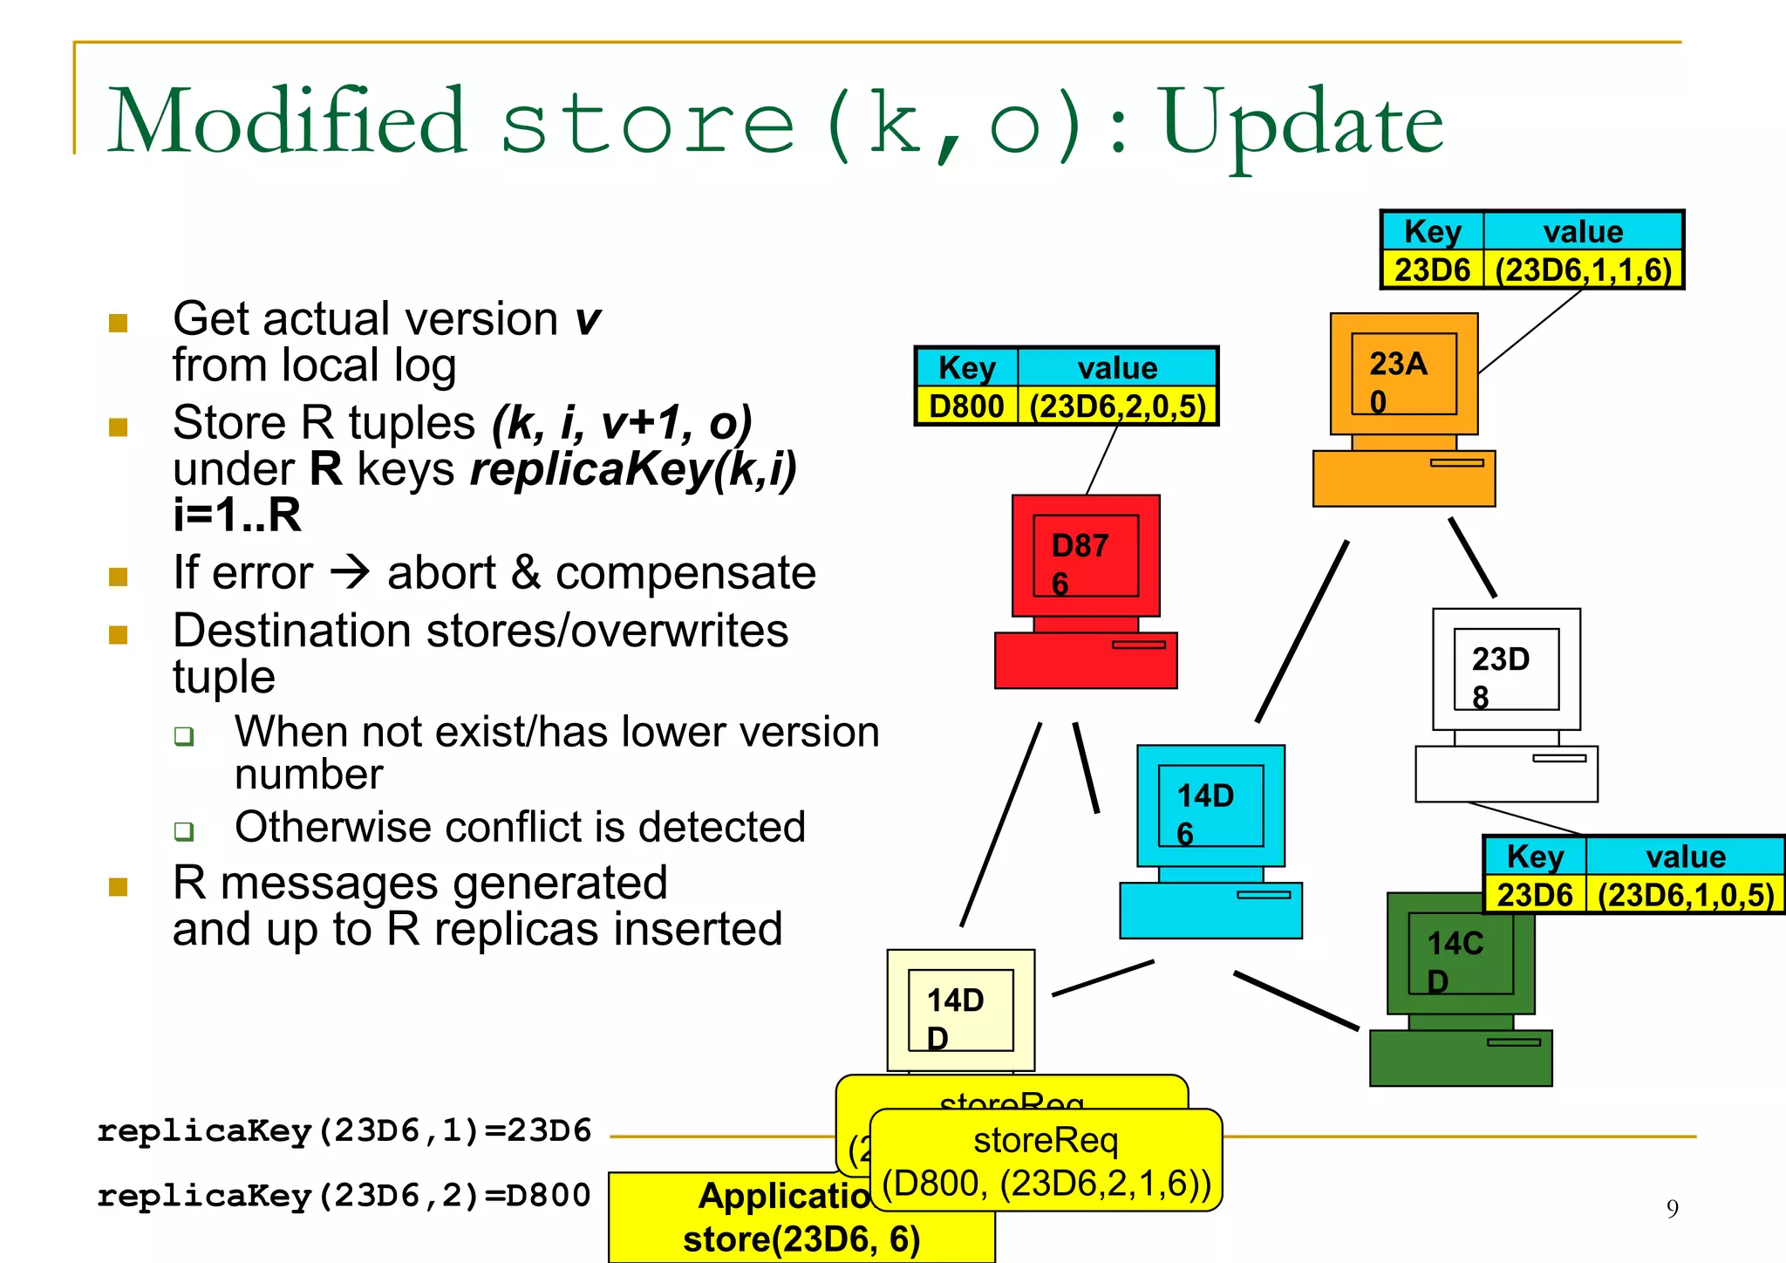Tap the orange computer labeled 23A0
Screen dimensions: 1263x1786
(x=1403, y=410)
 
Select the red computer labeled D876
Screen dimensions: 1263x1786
(x=1086, y=593)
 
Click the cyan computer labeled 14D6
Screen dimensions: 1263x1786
(x=1210, y=842)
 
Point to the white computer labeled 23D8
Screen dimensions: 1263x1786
(x=1506, y=705)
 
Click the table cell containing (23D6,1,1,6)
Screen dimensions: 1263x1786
(x=1583, y=270)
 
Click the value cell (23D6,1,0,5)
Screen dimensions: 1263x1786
(x=1685, y=896)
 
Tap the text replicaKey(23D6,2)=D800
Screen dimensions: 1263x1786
(x=344, y=1196)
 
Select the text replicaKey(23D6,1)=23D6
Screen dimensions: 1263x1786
(x=344, y=1131)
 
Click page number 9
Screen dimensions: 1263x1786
(x=1672, y=1209)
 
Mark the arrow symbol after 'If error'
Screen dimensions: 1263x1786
(x=351, y=573)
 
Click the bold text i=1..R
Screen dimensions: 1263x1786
(x=236, y=515)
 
